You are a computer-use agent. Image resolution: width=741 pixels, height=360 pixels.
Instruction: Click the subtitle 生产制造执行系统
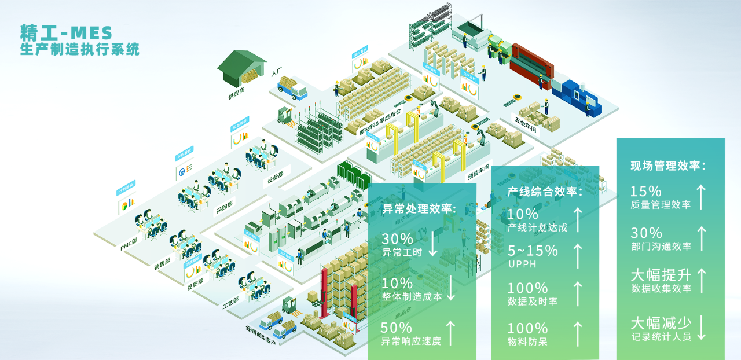pos(79,49)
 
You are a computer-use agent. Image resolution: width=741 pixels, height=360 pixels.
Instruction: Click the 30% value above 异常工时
pos(397,238)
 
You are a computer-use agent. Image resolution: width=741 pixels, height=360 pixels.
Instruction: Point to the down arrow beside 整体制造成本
pos(452,288)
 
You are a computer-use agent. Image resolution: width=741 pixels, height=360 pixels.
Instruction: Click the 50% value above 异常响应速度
pos(397,328)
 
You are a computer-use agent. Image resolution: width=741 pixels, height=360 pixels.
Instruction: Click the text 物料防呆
pos(527,341)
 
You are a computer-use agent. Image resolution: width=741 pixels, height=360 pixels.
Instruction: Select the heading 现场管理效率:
pos(668,166)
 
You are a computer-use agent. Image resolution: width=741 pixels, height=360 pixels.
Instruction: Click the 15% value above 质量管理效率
pos(646,191)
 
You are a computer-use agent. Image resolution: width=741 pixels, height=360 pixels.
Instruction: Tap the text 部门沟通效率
pos(661,246)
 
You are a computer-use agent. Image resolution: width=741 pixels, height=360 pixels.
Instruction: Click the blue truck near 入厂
pos(292,89)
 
